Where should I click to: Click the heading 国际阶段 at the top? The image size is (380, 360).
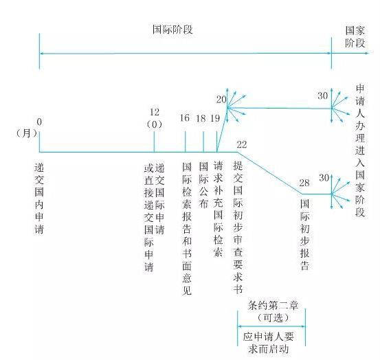[x=172, y=30]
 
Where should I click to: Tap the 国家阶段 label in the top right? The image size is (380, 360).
[x=355, y=36]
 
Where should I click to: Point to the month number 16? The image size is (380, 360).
[x=185, y=118]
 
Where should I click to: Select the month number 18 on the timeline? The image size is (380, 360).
[x=201, y=118]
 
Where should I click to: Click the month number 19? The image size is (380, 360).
[x=215, y=118]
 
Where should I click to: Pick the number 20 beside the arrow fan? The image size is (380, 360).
[x=221, y=100]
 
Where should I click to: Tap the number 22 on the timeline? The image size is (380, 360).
[x=242, y=145]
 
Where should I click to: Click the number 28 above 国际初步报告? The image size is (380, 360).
[x=304, y=183]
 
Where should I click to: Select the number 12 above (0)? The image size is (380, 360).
[x=155, y=112]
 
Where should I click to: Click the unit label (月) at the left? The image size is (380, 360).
[x=26, y=133]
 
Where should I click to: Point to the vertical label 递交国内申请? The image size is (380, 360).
[x=39, y=199]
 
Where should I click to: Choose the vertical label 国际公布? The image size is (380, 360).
[x=203, y=185]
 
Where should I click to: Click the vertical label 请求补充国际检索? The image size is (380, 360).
[x=218, y=209]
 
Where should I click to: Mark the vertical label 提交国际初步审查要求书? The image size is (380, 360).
[x=238, y=227]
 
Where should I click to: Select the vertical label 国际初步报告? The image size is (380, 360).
[x=305, y=234]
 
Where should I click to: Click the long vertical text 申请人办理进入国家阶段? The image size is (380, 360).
[x=360, y=150]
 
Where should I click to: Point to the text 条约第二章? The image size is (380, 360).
[x=273, y=306]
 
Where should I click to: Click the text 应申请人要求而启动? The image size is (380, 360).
[x=269, y=343]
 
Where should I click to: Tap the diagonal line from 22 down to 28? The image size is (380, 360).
[x=270, y=173]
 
